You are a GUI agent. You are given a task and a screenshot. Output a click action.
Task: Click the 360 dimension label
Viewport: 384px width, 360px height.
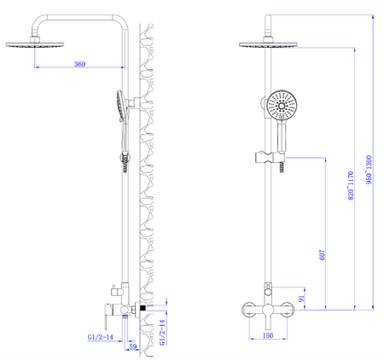click(79, 64)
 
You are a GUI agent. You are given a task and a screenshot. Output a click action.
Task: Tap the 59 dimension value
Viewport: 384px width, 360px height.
click(133, 346)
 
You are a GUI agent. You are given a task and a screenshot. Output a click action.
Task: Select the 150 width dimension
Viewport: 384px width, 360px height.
click(268, 335)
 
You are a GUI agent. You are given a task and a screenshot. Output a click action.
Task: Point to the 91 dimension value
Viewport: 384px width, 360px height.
click(301, 299)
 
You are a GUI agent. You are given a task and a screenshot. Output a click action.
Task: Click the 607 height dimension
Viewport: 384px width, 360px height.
click(322, 255)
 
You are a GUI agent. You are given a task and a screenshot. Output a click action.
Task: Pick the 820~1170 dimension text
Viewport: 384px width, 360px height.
click(351, 185)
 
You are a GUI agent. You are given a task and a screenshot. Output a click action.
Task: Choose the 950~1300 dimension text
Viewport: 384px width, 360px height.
click(369, 170)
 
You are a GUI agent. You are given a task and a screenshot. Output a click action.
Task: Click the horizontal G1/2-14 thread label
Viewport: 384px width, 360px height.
click(100, 337)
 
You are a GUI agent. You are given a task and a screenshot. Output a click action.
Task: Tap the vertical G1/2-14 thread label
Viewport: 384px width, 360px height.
click(162, 333)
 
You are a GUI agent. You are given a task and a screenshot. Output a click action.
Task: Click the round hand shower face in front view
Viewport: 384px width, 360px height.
click(282, 106)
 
